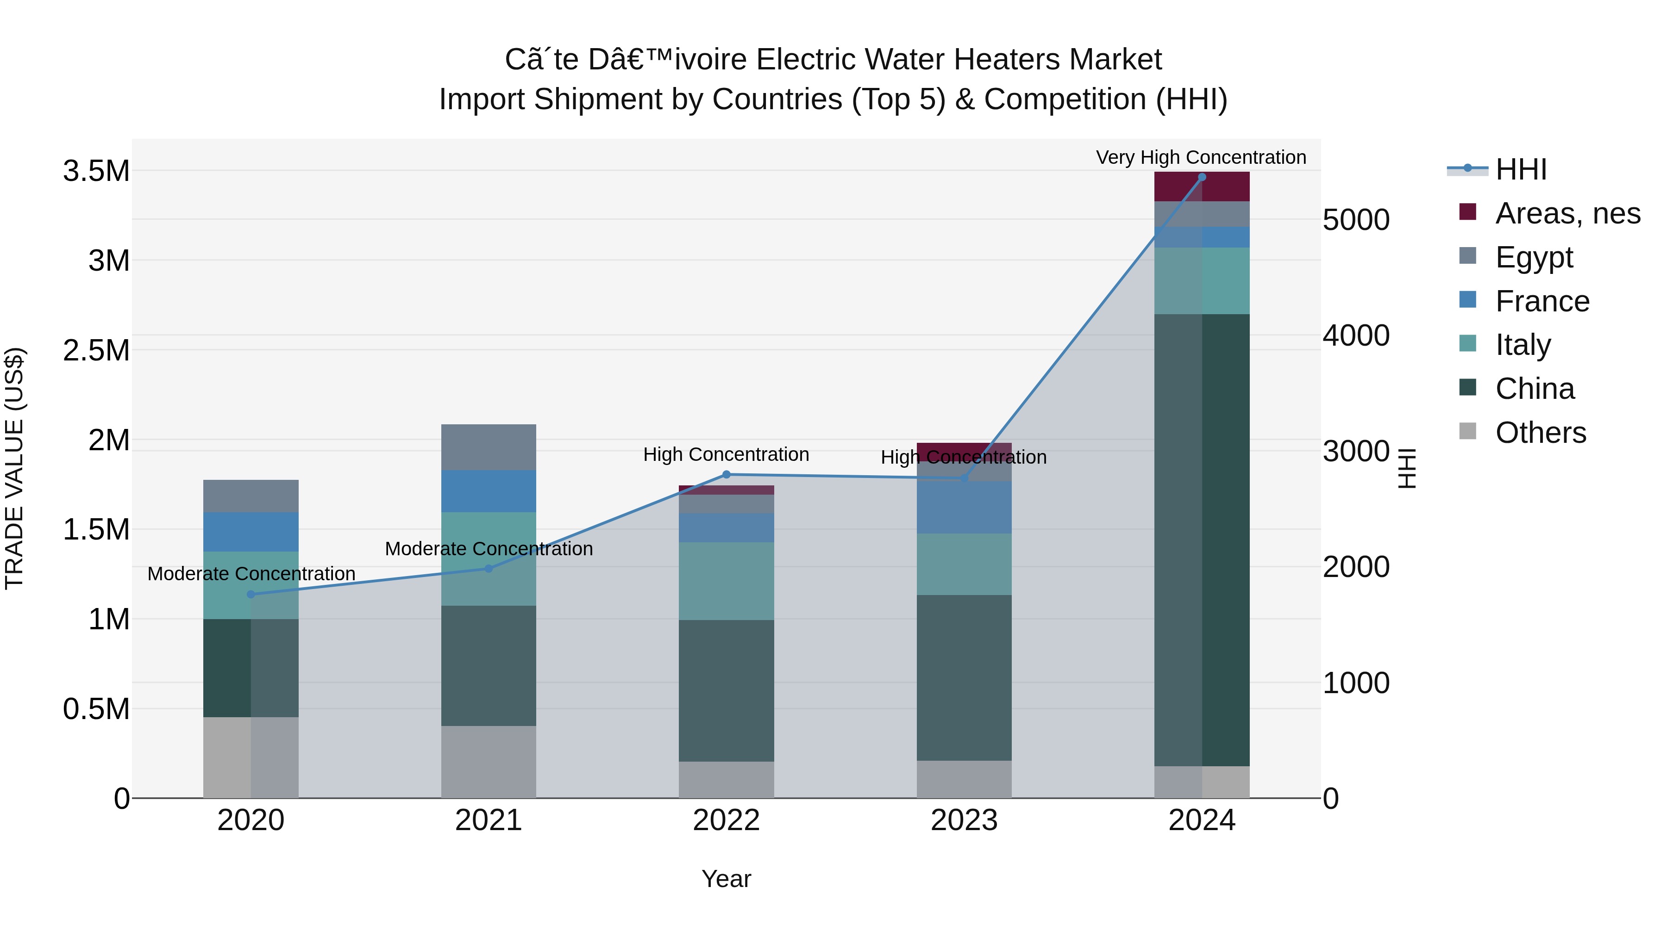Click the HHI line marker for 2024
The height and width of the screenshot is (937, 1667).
1202,177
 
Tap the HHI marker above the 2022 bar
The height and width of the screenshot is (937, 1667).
726,475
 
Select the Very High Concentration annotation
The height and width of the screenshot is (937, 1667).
1201,157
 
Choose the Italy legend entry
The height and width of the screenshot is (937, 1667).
1523,345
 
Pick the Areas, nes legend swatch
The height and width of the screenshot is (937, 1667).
1468,212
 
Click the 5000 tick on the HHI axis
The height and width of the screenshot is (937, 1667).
1356,220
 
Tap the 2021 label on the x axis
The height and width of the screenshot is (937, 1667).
489,820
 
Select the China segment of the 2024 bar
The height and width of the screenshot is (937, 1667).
1202,540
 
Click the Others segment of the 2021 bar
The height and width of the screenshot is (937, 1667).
489,761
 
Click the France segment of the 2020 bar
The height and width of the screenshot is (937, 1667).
251,532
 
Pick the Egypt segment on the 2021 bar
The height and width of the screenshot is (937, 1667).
489,447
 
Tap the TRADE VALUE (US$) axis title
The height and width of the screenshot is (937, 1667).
14,468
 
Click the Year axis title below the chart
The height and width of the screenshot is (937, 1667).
726,879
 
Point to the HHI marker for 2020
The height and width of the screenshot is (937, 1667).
251,594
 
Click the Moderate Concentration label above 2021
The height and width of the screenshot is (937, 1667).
489,548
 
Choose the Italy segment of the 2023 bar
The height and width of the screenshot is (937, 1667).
964,564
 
